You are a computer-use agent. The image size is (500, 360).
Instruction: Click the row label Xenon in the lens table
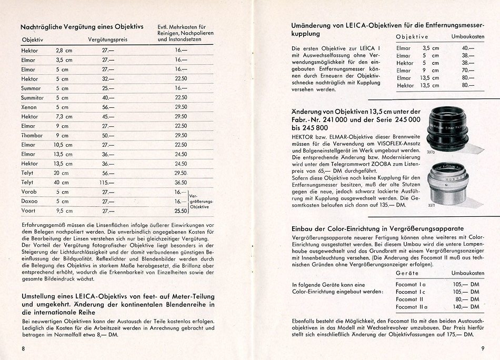[x=28, y=107]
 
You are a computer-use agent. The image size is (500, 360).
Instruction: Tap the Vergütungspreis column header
[x=108, y=40]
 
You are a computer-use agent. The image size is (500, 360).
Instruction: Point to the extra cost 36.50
[x=181, y=183]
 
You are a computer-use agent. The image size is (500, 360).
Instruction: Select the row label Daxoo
[x=29, y=202]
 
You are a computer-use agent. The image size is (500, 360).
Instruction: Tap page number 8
[x=23, y=348]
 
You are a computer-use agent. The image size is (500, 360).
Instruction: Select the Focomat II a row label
[x=413, y=307]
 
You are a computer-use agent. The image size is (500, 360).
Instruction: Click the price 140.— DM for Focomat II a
[x=467, y=307]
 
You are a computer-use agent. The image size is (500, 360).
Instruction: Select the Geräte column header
[x=407, y=274]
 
